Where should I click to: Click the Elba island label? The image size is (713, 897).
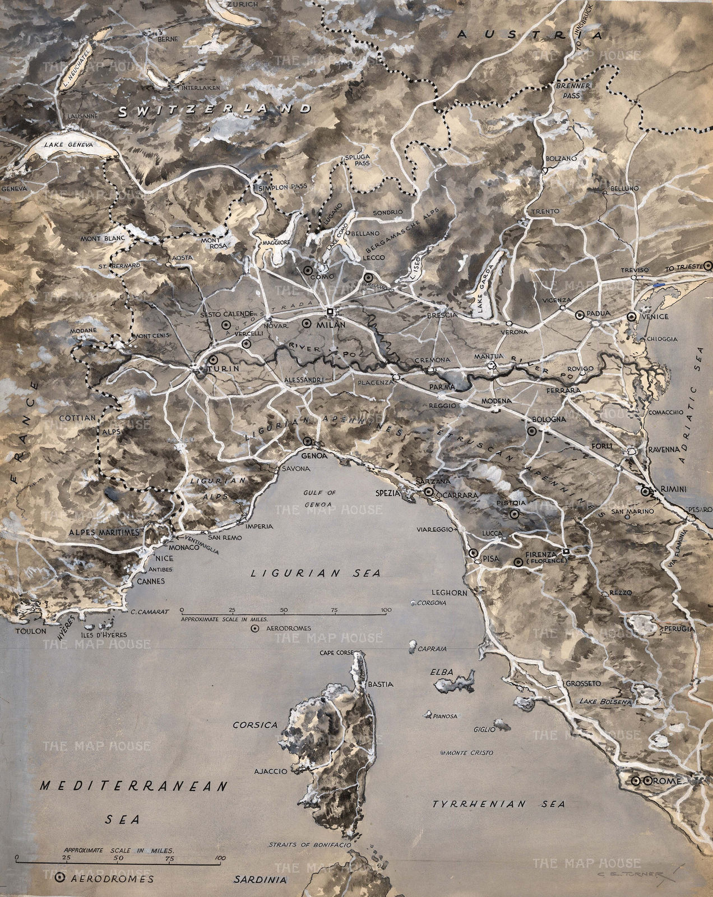pos(442,671)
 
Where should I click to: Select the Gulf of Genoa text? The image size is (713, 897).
pos(318,497)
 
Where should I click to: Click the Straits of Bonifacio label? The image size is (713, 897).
pos(309,844)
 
